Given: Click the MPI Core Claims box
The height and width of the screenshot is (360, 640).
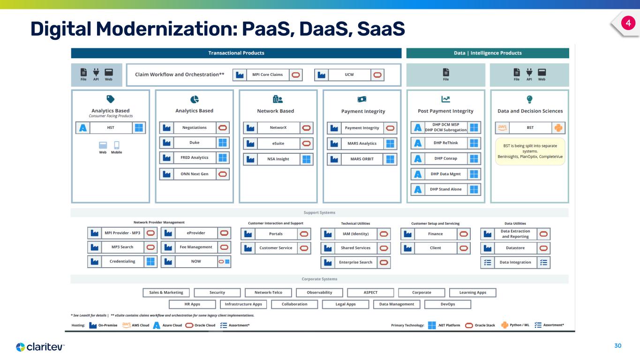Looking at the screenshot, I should click(x=267, y=75).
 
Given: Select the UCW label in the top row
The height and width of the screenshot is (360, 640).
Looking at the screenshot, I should click(x=349, y=75).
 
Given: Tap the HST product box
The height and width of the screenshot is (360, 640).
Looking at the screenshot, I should click(x=111, y=128).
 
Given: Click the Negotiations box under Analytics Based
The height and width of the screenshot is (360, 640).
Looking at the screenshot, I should click(x=194, y=127).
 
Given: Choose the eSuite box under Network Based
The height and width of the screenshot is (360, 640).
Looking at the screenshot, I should click(x=278, y=143).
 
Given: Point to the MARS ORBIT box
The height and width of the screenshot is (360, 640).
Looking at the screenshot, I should click(x=361, y=159).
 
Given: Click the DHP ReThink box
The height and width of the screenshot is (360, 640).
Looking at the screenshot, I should click(x=445, y=143).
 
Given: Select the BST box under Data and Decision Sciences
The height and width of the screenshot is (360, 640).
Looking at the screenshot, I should click(x=530, y=127).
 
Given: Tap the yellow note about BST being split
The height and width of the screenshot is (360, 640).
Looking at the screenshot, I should click(x=530, y=151).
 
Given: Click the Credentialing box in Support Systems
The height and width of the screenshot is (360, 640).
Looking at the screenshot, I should click(x=122, y=262).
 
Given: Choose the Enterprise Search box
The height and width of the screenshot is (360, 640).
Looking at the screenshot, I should click(x=355, y=262).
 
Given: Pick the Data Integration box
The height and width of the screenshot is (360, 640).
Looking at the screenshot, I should click(x=515, y=262).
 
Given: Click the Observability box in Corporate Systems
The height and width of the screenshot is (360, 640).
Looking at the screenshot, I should click(x=319, y=292).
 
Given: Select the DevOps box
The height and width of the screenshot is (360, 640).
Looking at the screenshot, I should click(x=447, y=304).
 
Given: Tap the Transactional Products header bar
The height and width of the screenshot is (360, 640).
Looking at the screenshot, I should click(x=236, y=53).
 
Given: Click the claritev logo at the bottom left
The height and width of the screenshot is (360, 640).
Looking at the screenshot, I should click(x=40, y=347).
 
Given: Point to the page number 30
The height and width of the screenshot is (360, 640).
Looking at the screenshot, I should click(x=617, y=346).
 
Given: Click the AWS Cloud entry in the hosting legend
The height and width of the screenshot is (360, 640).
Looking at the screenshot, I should click(x=135, y=325).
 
